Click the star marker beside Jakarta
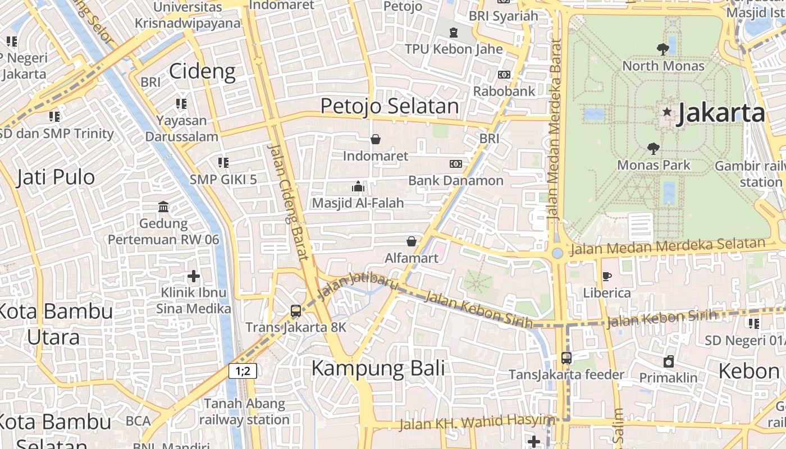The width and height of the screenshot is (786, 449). click(x=667, y=112)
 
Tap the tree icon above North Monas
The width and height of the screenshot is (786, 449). click(x=663, y=49)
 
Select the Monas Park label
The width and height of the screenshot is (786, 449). click(x=654, y=165)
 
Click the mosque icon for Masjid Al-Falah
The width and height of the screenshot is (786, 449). click(x=358, y=186)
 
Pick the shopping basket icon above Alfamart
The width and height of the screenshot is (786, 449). click(x=412, y=241)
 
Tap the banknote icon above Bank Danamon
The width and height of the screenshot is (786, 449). click(x=456, y=164)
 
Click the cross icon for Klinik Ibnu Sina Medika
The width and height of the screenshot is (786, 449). click(x=194, y=276)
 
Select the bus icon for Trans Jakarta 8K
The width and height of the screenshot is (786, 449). click(x=296, y=311)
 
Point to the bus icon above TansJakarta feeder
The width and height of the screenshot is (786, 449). click(x=566, y=358)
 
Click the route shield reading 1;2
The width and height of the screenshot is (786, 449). click(x=243, y=370)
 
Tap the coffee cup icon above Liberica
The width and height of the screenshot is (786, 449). click(x=606, y=276)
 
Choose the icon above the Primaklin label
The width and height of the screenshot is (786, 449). click(x=668, y=361)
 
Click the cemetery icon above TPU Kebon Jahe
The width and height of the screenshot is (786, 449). click(x=454, y=33)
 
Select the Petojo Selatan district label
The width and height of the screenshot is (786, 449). click(x=390, y=106)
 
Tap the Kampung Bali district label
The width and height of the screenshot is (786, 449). click(x=378, y=369)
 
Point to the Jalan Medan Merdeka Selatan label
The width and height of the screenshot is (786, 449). click(x=668, y=246)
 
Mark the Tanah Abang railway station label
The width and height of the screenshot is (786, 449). click(x=244, y=411)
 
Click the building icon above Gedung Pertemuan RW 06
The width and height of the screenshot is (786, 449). click(x=163, y=207)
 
